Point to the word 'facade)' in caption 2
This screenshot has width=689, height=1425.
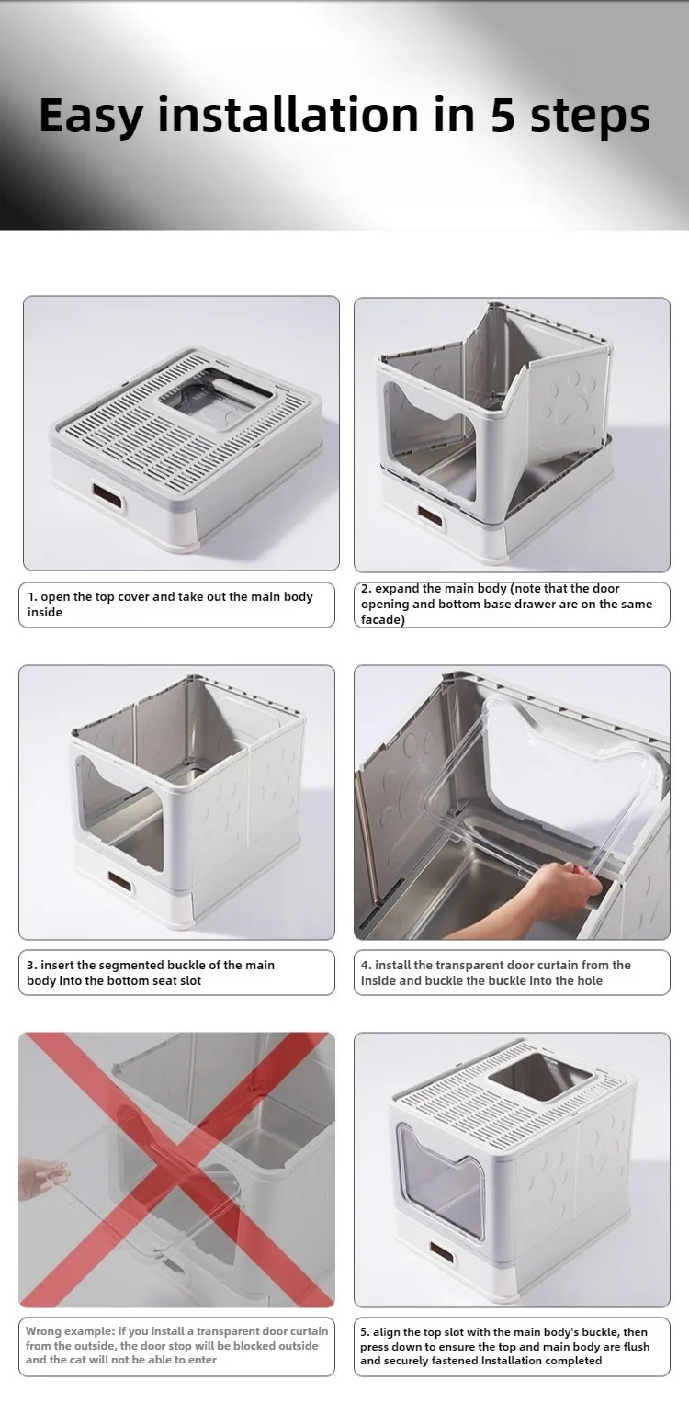(382, 619)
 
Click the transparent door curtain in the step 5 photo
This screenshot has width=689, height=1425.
(440, 1180)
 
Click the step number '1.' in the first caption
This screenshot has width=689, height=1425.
(32, 596)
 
